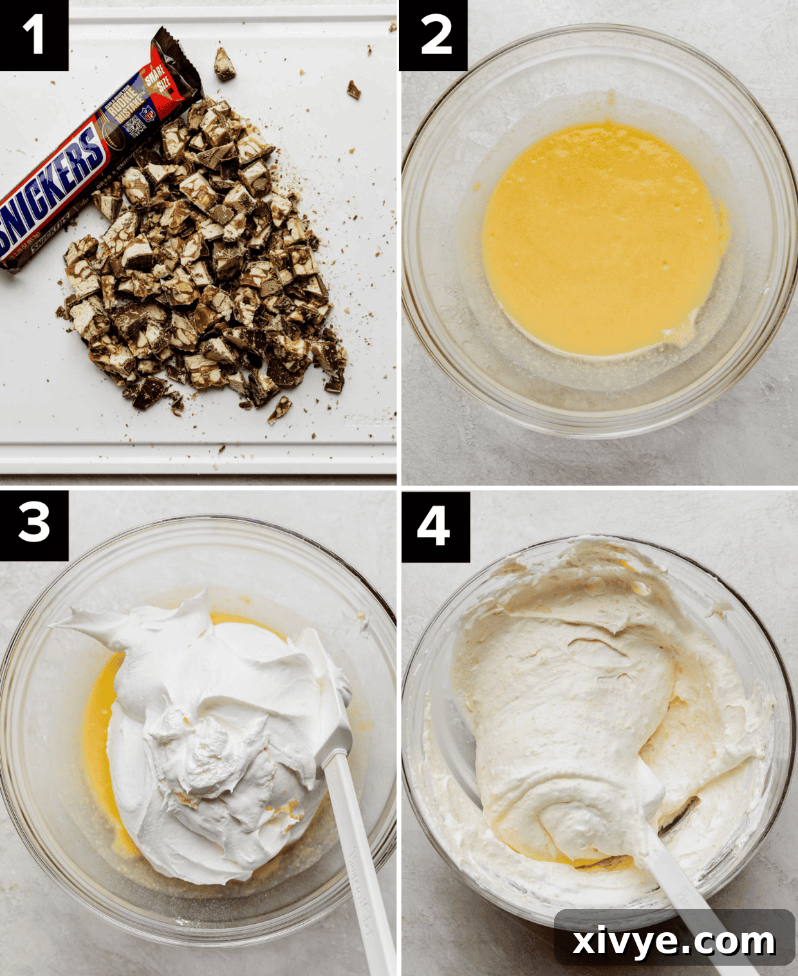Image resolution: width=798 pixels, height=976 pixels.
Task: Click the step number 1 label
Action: (33, 35)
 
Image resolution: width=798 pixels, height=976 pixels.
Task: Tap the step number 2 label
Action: (434, 35)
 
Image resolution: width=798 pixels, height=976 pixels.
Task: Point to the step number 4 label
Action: (434, 525)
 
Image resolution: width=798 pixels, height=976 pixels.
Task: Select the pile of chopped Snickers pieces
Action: (206, 270)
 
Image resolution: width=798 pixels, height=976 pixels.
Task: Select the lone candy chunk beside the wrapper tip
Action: (224, 64)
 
